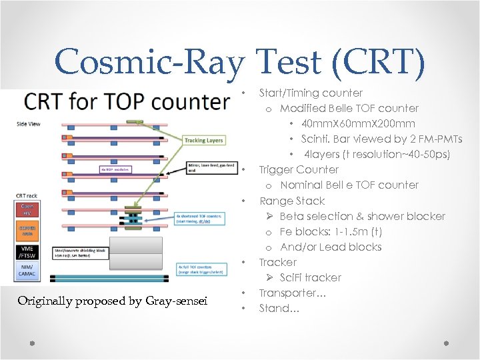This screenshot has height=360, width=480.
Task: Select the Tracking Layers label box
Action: click(x=204, y=140)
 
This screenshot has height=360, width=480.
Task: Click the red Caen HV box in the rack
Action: click(x=27, y=209)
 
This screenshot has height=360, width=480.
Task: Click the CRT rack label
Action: click(x=27, y=195)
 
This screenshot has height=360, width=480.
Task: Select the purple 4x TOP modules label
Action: click(x=116, y=169)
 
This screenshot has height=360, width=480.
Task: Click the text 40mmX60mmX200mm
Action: click(x=357, y=123)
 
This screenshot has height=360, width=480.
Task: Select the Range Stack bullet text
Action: click(x=291, y=201)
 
